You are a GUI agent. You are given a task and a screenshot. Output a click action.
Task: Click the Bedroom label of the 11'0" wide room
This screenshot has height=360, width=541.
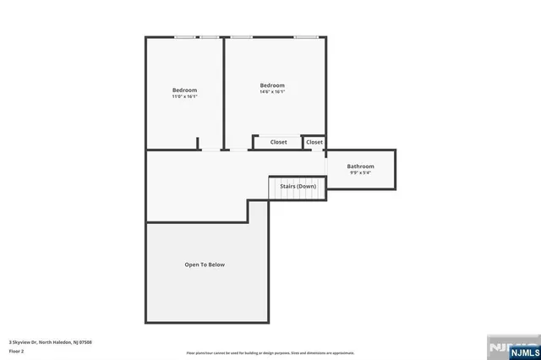point(184,90)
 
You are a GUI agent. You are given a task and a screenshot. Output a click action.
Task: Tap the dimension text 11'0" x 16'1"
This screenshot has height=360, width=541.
point(184,97)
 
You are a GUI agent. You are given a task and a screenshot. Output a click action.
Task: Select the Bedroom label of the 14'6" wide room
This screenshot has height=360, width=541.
point(272,85)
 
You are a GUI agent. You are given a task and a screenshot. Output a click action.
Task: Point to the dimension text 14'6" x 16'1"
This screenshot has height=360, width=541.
point(272,92)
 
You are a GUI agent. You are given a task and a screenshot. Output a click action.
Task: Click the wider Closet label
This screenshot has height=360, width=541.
point(279,142)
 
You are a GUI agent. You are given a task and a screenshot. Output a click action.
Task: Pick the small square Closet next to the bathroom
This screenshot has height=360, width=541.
point(314,142)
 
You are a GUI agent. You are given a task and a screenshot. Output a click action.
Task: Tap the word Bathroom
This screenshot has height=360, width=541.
point(360,166)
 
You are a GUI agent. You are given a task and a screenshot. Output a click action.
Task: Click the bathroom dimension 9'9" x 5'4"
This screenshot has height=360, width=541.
point(360,173)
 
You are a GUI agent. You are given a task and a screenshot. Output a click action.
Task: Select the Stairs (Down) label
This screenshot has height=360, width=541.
point(298,186)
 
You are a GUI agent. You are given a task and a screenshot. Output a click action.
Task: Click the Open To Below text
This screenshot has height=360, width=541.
point(205,265)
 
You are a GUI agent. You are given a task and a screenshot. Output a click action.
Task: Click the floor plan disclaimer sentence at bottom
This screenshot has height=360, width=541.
point(270,353)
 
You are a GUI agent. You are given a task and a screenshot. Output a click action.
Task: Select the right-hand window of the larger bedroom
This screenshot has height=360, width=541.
point(306,37)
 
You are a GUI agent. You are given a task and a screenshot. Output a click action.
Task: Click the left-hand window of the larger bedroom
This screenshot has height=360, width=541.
point(243,37)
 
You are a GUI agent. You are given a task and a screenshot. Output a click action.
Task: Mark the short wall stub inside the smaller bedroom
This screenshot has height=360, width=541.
point(198,144)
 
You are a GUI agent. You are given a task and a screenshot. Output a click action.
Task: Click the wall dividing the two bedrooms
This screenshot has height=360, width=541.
point(224,93)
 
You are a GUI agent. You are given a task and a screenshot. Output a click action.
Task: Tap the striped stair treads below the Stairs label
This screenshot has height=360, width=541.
point(298,194)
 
